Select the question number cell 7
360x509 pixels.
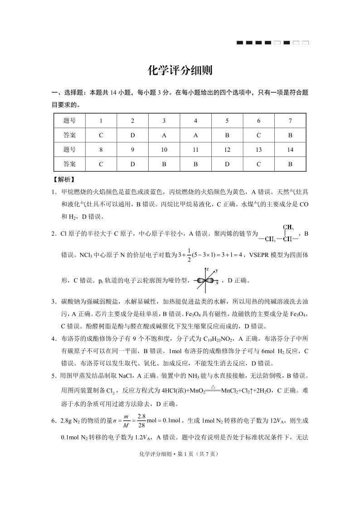pyautogui.click(x=290, y=121)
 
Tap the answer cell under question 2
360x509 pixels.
pyautogui.click(x=132, y=135)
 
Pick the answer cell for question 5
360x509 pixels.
pyautogui.click(x=227, y=135)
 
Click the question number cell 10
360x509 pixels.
pyautogui.click(x=164, y=150)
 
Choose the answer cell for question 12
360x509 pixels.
pyautogui.click(x=227, y=164)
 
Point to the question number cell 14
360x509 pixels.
pyautogui.click(x=290, y=150)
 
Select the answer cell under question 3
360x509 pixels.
pyautogui.click(x=164, y=135)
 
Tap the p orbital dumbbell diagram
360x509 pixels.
pyautogui.click(x=207, y=281)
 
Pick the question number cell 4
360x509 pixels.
pyautogui.click(x=195, y=121)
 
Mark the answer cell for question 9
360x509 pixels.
pyautogui.click(x=132, y=164)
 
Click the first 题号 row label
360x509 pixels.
pyautogui.click(x=69, y=121)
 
